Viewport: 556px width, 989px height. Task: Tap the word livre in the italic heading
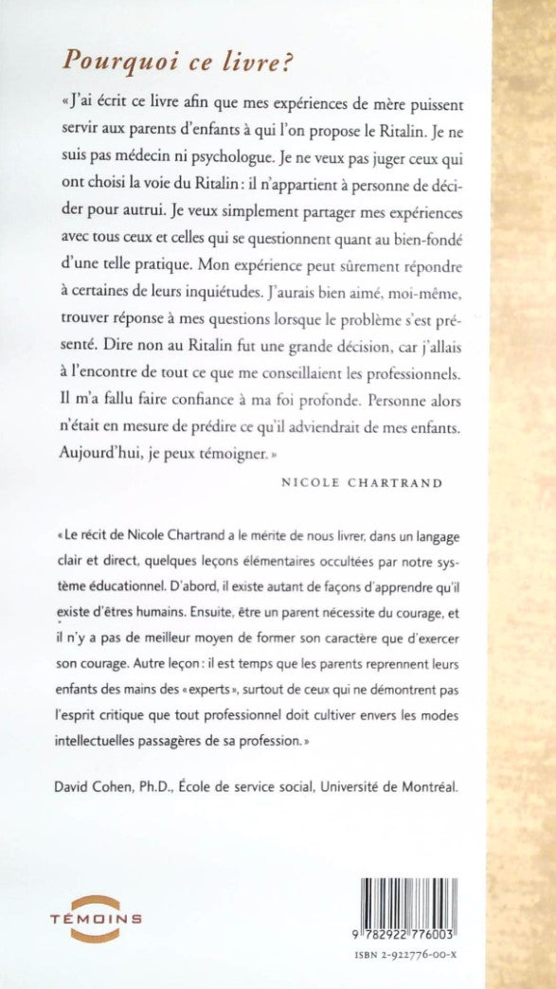click(x=217, y=61)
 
